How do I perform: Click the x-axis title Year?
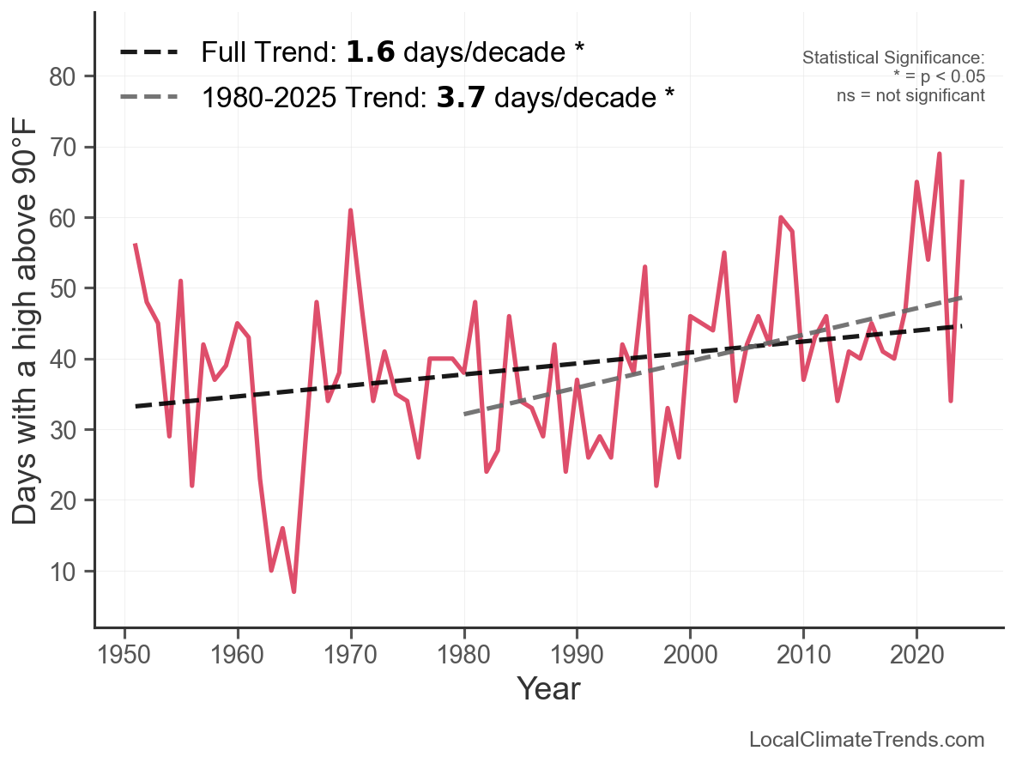coord(548,688)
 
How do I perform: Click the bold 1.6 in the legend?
coord(371,52)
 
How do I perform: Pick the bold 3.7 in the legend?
coord(462,97)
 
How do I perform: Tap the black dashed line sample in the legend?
coord(148,52)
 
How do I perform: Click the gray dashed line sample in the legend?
coord(148,97)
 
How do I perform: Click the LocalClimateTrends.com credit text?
coord(867,740)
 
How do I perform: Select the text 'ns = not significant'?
coord(910,95)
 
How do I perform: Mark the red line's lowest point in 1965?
coord(294,591)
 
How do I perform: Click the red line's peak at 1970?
coord(351,210)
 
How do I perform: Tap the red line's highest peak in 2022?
coord(940,154)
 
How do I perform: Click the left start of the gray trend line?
coord(464,414)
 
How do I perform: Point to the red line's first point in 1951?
coord(136,245)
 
